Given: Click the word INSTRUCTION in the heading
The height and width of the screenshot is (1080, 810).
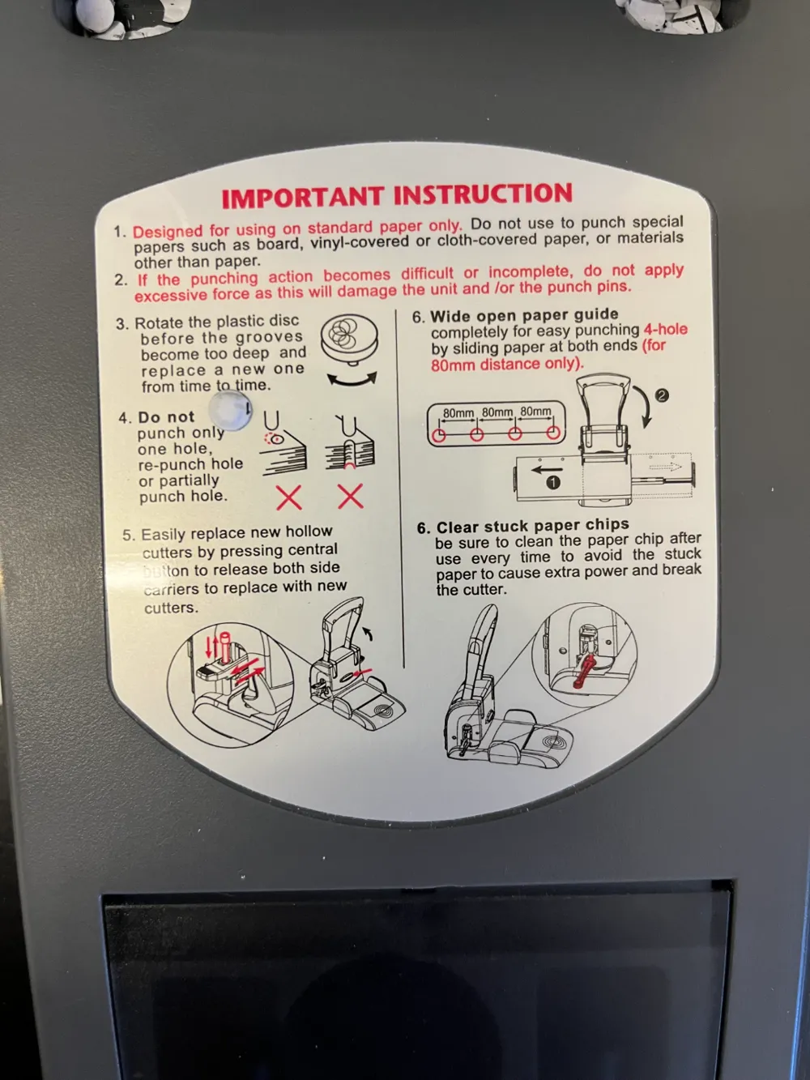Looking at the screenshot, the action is (x=484, y=194).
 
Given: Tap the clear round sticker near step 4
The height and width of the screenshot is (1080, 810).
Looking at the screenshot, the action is (x=231, y=410).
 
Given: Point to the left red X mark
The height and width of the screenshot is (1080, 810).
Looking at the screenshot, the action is (x=289, y=497).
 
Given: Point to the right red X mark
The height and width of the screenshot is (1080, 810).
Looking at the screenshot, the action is (x=351, y=496).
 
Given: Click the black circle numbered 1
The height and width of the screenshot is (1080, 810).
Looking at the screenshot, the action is (x=553, y=483).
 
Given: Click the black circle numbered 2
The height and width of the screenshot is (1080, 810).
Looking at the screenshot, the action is (x=663, y=395).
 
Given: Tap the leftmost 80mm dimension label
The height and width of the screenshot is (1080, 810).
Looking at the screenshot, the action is (x=458, y=413).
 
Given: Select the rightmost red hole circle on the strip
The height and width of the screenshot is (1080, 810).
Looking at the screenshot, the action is (x=553, y=433).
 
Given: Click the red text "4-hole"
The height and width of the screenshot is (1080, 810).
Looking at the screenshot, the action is (x=665, y=329).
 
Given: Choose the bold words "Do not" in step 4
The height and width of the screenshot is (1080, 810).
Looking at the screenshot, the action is (x=166, y=417).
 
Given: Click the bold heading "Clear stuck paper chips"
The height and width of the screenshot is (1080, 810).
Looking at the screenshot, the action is (x=533, y=526).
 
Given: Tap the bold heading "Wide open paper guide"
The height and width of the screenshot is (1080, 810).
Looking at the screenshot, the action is (x=524, y=315).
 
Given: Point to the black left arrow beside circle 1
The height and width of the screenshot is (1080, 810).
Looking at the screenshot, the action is (x=547, y=469).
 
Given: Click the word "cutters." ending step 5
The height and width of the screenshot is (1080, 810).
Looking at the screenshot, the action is (x=171, y=608).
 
